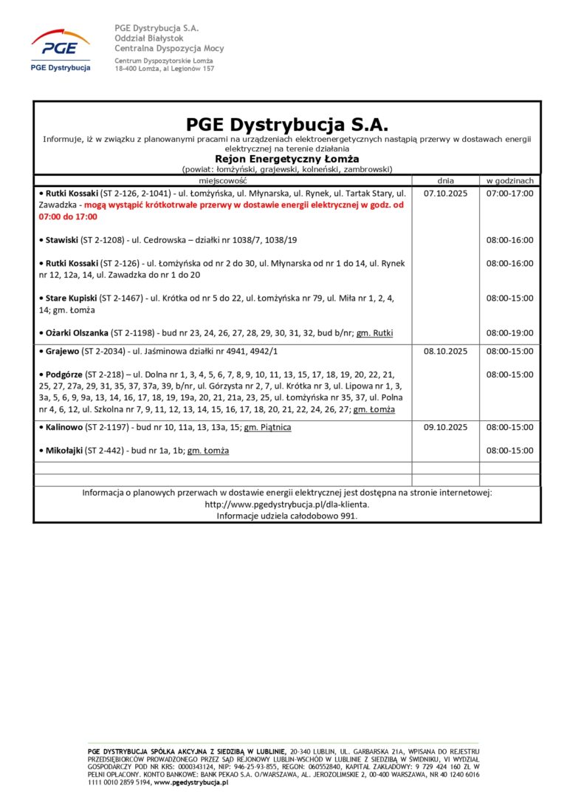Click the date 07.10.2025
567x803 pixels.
(x=445, y=194)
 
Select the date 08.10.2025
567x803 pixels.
(x=445, y=352)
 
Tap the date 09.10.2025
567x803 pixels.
(x=445, y=427)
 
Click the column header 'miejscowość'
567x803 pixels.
(x=222, y=180)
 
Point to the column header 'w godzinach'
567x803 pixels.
(x=509, y=180)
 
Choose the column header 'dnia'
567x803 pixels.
(x=445, y=180)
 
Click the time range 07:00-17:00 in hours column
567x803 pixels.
(x=509, y=194)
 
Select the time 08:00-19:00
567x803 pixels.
(x=509, y=332)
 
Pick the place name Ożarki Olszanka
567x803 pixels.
(x=78, y=332)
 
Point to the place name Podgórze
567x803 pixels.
(x=67, y=375)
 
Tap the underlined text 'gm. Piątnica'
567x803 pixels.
(x=267, y=427)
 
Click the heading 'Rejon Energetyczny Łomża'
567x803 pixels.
(x=286, y=158)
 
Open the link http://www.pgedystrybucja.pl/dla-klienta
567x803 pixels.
(x=286, y=504)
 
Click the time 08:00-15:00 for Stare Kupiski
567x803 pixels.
(x=509, y=298)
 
